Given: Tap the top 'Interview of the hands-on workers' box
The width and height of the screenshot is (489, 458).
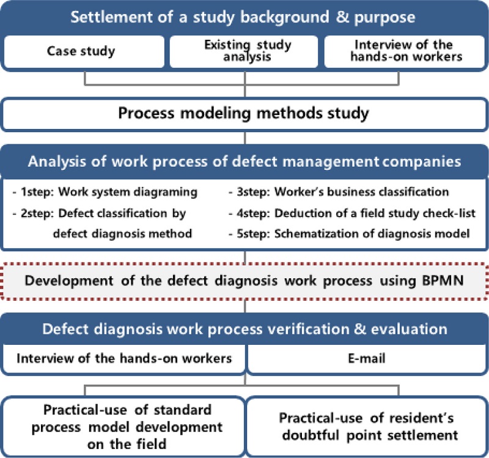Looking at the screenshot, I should (405, 51).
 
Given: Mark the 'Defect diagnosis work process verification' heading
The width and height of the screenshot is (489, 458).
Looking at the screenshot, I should (244, 328).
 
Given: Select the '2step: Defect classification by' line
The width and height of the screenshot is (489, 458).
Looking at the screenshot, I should (107, 214).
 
